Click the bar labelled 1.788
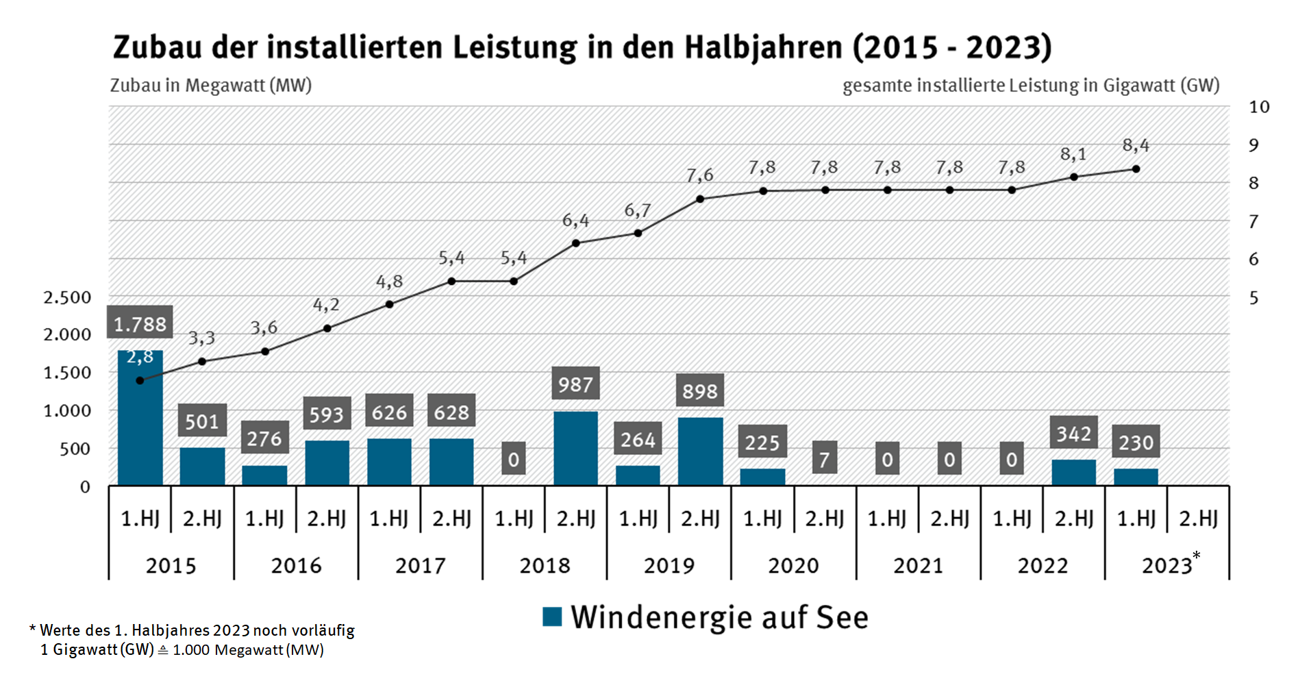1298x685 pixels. [x=140, y=418]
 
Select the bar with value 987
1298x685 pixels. [x=575, y=449]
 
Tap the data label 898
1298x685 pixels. [x=699, y=391]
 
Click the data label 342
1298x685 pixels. [x=1073, y=434]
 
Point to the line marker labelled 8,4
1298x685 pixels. [x=1136, y=169]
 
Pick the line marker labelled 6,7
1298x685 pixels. [x=638, y=233]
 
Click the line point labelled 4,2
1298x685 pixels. [x=327, y=328]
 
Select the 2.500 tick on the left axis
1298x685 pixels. [x=67, y=297]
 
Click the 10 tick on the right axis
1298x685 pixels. [x=1258, y=107]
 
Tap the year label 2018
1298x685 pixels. [x=545, y=566]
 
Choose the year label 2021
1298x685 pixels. [x=918, y=566]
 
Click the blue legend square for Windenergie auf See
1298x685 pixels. [x=552, y=617]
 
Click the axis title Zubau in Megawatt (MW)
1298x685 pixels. [x=211, y=86]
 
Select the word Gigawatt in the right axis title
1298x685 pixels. [x=1138, y=86]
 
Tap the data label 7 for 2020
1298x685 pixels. [x=824, y=459]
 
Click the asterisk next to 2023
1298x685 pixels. [x=1196, y=556]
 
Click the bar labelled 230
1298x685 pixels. [x=1136, y=477]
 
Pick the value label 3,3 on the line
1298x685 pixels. [x=201, y=338]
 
